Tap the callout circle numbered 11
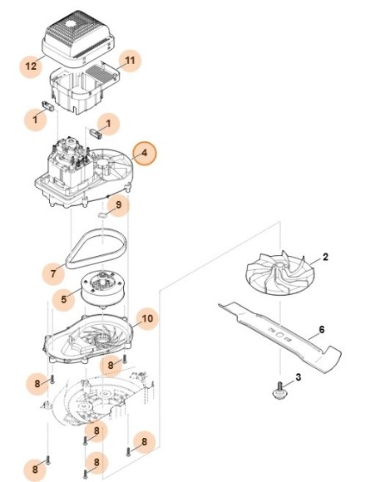(130, 60)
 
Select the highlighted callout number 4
(144, 154)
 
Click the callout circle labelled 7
(53, 273)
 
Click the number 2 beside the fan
(325, 257)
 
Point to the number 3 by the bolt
(299, 377)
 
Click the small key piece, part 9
(102, 214)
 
